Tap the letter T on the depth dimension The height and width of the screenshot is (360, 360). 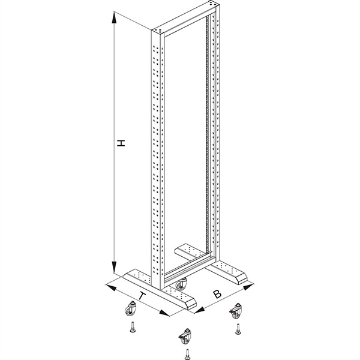tap(143, 296)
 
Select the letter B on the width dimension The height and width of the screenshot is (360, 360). tap(217, 294)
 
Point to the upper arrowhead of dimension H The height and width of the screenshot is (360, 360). tap(113, 17)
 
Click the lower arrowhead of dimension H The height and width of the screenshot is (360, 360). tap(114, 267)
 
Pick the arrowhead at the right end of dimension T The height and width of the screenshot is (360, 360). tap(164, 313)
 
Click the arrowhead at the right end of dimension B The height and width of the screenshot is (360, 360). tap(248, 287)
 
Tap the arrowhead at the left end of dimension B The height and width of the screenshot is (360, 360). tap(200, 310)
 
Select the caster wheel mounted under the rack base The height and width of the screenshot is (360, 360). tap(181, 284)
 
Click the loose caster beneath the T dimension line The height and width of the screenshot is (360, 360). tap(131, 309)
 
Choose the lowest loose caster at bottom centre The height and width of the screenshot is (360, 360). tap(184, 336)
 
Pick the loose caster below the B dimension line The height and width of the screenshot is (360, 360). tap(235, 311)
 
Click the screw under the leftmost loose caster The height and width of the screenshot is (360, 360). tap(133, 327)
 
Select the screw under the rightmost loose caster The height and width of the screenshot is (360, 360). tap(238, 329)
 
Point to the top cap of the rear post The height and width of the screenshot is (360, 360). tap(212, 4)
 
